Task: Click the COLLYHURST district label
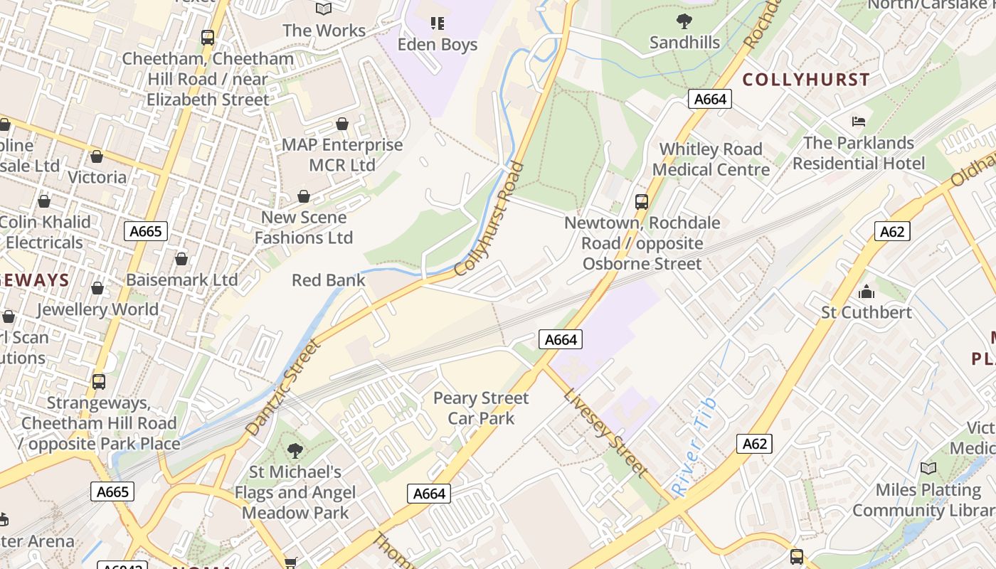(806, 80)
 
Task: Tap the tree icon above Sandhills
(684, 21)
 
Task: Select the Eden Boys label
(437, 44)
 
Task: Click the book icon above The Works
(324, 9)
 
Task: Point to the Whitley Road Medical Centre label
(711, 159)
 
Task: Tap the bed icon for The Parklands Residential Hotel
(859, 122)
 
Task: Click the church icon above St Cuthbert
(866, 292)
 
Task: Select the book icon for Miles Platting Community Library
(928, 468)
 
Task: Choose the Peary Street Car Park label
(481, 408)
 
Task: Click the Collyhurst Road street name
(489, 219)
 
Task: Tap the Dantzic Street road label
(283, 388)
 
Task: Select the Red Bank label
(328, 280)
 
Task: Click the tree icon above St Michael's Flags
(295, 450)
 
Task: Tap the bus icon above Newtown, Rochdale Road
(642, 202)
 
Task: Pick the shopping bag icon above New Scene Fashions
(304, 196)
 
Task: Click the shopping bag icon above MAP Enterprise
(342, 124)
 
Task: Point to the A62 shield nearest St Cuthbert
(891, 231)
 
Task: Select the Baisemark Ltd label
(182, 280)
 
